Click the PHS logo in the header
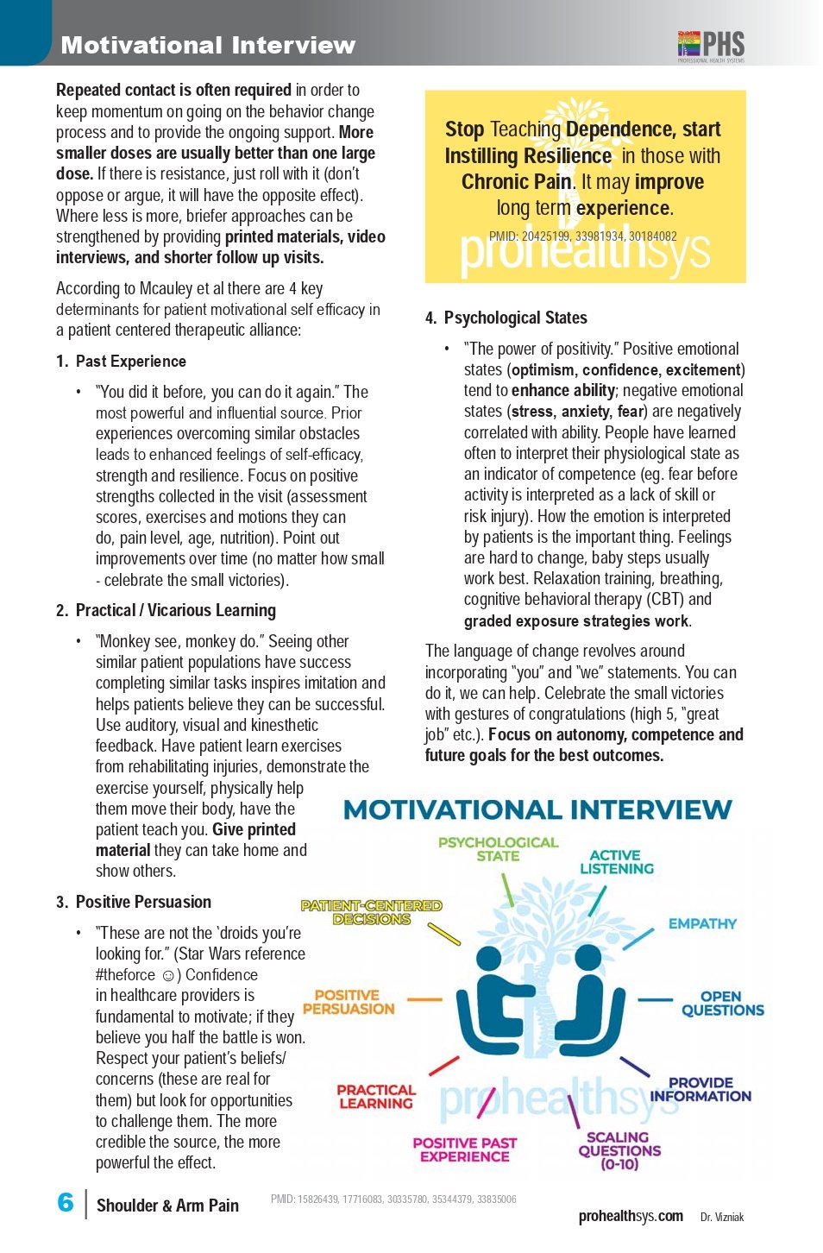(x=711, y=45)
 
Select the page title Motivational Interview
(x=208, y=45)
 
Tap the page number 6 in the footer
(x=66, y=1202)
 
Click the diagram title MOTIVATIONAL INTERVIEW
(x=537, y=809)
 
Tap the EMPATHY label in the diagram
(x=702, y=923)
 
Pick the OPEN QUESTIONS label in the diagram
(x=722, y=1003)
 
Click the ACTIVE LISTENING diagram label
(x=616, y=861)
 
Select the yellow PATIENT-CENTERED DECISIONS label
(x=371, y=912)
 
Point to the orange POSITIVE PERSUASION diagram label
(x=349, y=1002)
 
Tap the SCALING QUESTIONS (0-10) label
(x=619, y=1150)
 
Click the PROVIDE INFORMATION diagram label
(x=700, y=1089)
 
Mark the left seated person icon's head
(x=489, y=960)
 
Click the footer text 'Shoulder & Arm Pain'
(x=167, y=1206)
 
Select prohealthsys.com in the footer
(x=631, y=1216)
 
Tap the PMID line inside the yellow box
(x=582, y=236)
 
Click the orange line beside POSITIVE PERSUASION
(x=424, y=999)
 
